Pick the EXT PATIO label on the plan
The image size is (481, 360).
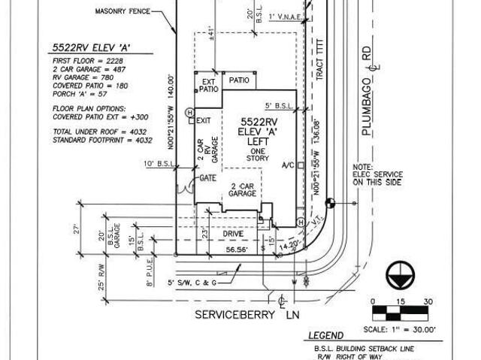[x=208, y=84]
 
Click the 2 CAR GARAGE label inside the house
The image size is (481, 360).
[x=242, y=189]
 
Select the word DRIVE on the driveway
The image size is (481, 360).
[x=233, y=234]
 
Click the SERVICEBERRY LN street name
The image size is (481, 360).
[x=240, y=314]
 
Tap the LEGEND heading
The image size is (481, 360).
[x=324, y=336]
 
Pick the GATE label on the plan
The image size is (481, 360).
[x=208, y=178]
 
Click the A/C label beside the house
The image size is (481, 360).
[x=287, y=165]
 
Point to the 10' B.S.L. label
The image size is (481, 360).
[x=156, y=163]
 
